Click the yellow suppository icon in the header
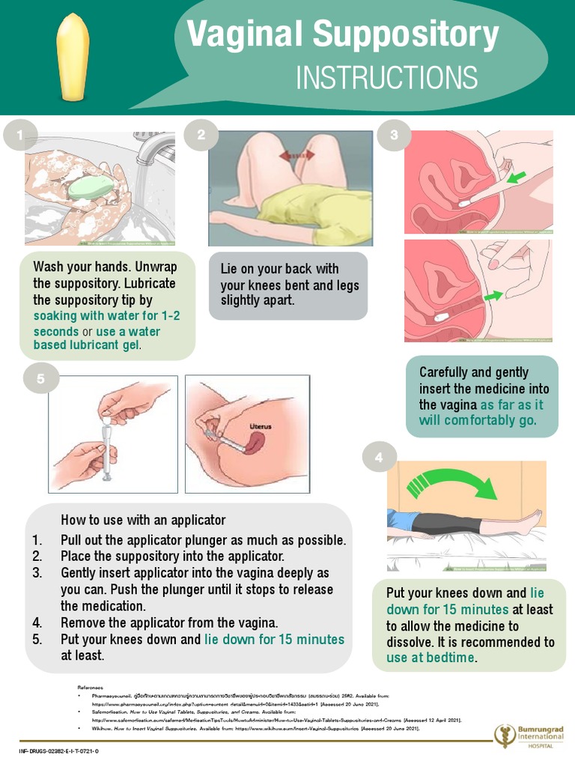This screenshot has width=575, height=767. point(74,58)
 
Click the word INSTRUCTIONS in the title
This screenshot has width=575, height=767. point(386,77)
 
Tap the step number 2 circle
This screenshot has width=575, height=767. point(201,136)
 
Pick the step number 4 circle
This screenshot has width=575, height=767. point(380,457)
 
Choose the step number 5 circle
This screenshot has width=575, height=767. point(41,379)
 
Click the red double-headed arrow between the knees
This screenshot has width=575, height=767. point(296,156)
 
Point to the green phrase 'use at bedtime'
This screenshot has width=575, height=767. point(431,658)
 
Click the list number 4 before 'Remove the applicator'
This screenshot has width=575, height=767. point(37,623)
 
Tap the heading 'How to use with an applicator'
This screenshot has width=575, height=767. point(143,520)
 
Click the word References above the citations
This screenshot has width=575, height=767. point(90,686)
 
